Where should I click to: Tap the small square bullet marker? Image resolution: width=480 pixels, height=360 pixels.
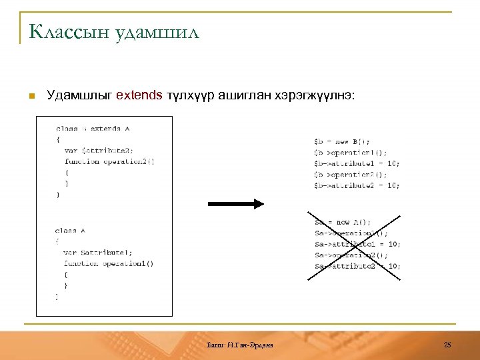click(31, 96)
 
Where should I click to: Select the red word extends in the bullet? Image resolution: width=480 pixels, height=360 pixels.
click(139, 95)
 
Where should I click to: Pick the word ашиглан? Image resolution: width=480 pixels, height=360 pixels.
click(249, 95)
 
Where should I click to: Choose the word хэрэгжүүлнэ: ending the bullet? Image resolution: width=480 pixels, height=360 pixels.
click(317, 95)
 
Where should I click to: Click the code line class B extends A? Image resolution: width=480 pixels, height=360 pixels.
click(93, 129)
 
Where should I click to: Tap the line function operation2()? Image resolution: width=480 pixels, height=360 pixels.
click(109, 161)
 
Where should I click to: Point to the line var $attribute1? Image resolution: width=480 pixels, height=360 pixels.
click(98, 253)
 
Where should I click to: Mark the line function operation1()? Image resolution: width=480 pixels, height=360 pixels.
click(109, 263)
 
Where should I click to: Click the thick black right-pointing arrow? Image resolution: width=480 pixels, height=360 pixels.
click(236, 204)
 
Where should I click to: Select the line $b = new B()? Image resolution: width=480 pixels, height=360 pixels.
click(342, 141)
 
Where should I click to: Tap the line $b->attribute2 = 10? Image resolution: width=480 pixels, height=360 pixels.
click(357, 185)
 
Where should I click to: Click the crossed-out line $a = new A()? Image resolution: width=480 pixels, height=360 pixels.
click(343, 222)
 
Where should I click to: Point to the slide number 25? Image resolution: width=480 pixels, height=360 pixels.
click(447, 344)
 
